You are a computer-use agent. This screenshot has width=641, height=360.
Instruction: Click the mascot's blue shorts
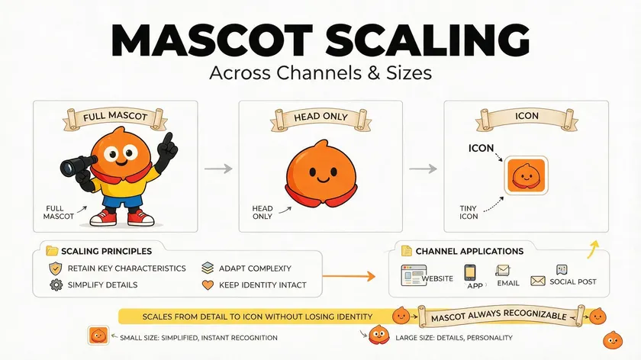[x=122, y=201]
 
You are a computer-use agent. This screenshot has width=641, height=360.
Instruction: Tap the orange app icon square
[x=526, y=175]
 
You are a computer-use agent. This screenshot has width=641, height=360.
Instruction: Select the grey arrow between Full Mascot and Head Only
[x=218, y=169]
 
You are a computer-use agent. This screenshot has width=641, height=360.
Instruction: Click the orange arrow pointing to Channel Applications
[x=349, y=276]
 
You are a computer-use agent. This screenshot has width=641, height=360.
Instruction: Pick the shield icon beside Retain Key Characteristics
[x=55, y=268]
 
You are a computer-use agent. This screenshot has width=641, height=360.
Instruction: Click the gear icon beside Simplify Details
[x=56, y=284]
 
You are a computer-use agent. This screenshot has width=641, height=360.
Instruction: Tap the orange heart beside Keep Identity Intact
[x=208, y=284]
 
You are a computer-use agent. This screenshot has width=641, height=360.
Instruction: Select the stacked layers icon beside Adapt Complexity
[x=208, y=268]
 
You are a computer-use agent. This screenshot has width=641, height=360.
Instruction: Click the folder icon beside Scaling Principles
[x=52, y=250]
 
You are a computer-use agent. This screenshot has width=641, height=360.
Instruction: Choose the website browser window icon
[x=414, y=275]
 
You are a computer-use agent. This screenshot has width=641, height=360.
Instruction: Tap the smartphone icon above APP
[x=470, y=272]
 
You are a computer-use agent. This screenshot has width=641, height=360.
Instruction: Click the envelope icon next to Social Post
[x=537, y=281]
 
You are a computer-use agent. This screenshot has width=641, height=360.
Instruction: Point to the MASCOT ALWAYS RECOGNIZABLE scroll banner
[x=501, y=317]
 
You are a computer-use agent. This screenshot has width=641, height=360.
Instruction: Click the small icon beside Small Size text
[x=98, y=336]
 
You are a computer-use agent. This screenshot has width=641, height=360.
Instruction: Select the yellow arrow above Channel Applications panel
[x=593, y=249]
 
